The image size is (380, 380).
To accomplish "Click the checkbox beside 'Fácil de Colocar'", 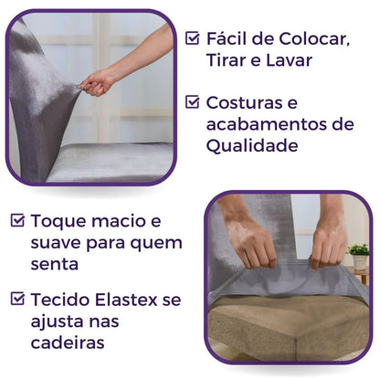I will (193, 38).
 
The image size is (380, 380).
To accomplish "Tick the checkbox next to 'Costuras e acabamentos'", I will (193, 102).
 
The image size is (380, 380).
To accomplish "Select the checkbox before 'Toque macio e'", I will (18, 221).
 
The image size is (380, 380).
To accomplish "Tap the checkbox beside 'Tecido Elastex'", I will (18, 298).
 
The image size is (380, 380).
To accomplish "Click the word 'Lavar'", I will (293, 59).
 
